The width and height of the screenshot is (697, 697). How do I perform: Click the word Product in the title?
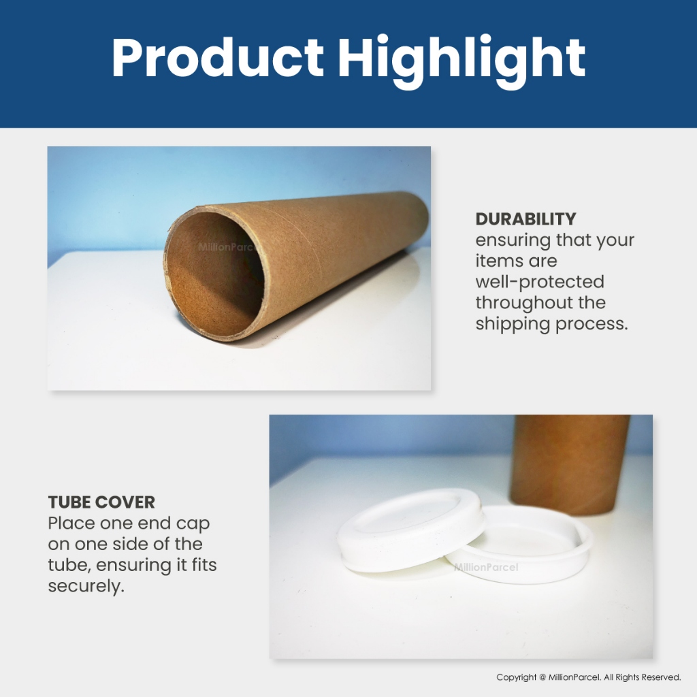(217, 57)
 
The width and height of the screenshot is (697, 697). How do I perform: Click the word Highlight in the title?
(461, 61)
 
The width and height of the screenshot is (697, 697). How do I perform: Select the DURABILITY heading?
(525, 218)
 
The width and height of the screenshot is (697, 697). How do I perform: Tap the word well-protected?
(540, 282)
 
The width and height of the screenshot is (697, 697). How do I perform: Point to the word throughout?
(524, 303)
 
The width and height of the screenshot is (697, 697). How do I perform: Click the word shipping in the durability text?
(513, 324)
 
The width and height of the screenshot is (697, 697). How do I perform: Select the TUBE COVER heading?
(101, 502)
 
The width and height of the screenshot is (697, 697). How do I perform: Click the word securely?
(86, 586)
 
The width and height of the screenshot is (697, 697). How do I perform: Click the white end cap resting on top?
(410, 529)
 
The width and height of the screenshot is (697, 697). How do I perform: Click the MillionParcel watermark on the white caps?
(486, 567)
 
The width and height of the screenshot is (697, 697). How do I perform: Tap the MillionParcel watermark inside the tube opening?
(227, 247)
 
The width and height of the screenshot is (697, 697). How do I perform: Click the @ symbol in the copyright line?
(542, 677)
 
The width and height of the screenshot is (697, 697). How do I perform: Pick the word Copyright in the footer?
(516, 677)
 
